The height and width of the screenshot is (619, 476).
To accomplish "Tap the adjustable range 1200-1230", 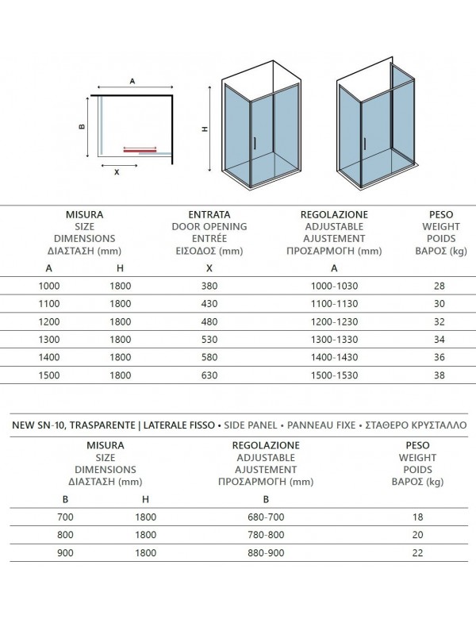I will (333, 321).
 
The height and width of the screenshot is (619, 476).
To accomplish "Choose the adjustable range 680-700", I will (267, 517).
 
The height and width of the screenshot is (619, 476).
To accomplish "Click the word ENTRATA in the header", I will (209, 214).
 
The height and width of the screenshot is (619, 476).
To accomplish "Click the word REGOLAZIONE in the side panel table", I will (267, 446).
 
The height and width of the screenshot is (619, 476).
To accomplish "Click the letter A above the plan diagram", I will (132, 80).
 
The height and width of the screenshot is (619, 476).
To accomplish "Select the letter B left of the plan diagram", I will (81, 125).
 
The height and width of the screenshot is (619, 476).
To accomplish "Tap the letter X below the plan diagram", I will (117, 171).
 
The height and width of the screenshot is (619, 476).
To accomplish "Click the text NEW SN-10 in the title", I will (39, 425).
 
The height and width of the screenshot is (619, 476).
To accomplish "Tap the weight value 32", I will (439, 321).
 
